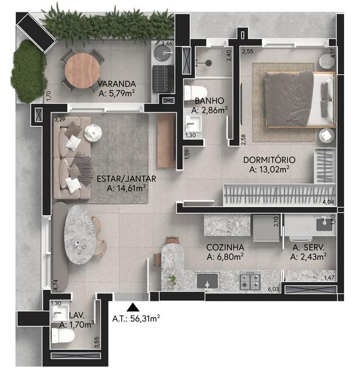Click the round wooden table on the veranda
point(83,71)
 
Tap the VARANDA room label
point(117,84)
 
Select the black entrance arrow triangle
point(133,308)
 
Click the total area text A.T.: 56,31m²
point(136,319)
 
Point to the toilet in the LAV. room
point(63,335)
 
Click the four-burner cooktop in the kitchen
point(250,281)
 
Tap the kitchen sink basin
point(208,281)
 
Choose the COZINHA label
point(225,248)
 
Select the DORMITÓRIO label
point(269,160)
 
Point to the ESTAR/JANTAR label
point(126,179)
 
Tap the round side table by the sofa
point(93,133)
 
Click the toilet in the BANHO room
point(196,92)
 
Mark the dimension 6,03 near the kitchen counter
point(274,289)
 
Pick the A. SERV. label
point(309,248)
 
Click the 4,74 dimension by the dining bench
point(56,286)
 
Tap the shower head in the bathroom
point(209,63)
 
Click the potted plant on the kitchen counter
point(171,278)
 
